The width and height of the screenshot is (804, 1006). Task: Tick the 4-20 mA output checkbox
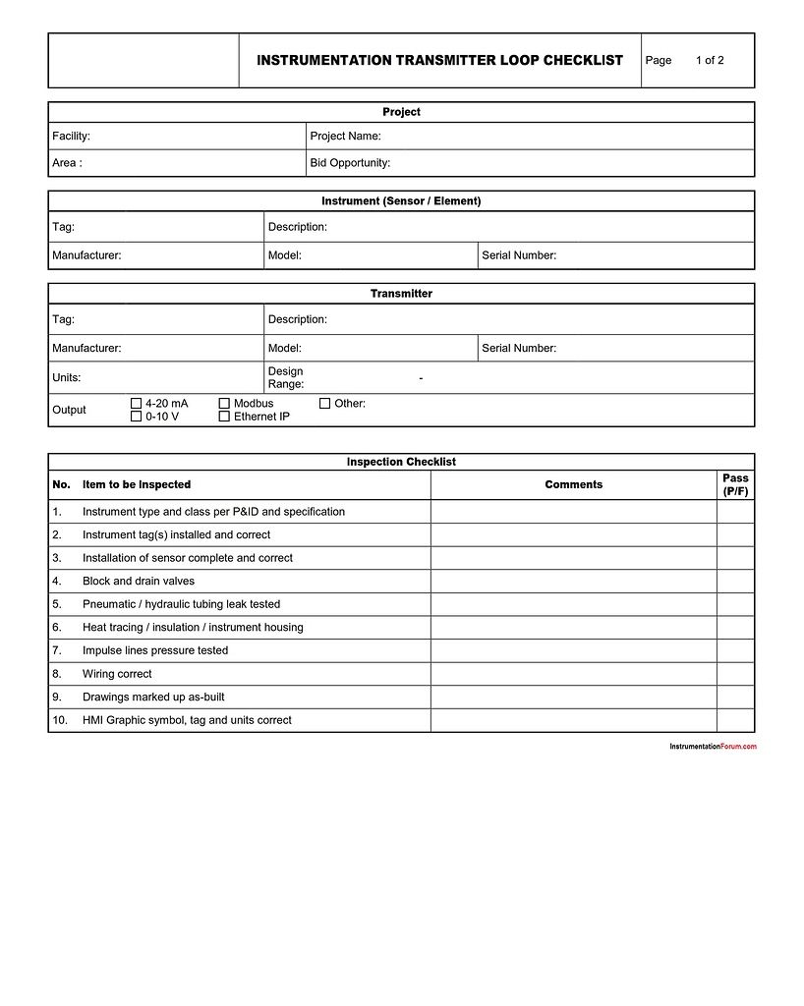pos(137,404)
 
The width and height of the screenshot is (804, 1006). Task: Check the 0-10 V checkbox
pos(137,417)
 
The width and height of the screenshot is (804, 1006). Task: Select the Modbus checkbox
pos(224,404)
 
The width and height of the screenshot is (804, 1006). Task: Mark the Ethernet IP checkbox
pos(224,417)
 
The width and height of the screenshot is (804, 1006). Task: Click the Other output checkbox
pos(324,404)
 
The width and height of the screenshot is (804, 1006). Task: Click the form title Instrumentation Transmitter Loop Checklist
pos(439,61)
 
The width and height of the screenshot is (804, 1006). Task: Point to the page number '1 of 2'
pos(710,61)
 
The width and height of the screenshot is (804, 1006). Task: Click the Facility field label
pos(71,137)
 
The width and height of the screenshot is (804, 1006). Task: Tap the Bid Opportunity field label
pos(350,163)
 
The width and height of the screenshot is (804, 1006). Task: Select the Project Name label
pos(345,137)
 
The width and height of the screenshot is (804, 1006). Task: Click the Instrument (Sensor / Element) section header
pos(401,201)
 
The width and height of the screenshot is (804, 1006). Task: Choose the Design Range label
pos(286,378)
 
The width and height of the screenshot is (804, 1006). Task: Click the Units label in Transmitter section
pos(67,378)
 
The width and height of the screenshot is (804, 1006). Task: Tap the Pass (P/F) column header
pos(735,484)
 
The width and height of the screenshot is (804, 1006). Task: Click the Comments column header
pos(573,484)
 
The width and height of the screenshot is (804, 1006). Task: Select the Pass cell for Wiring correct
pos(735,674)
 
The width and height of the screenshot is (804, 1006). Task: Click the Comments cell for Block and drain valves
pos(573,582)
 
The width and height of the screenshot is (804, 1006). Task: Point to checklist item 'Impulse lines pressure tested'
pos(155,650)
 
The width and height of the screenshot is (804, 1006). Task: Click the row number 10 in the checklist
pos(60,720)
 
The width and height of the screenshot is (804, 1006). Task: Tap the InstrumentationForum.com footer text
pos(713,747)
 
